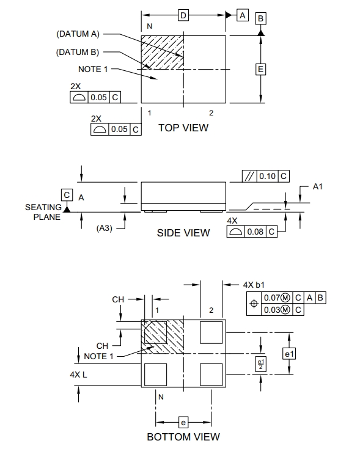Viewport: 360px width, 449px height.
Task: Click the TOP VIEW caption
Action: click(183, 128)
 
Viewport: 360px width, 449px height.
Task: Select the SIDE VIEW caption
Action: click(183, 233)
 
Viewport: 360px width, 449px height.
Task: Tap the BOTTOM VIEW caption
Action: click(183, 437)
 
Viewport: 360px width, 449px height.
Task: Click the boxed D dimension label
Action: click(183, 15)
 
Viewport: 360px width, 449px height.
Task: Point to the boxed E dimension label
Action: click(260, 69)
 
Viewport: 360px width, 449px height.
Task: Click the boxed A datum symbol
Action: click(243, 15)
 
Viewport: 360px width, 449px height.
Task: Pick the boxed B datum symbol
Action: click(260, 18)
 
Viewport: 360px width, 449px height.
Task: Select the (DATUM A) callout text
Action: click(78, 34)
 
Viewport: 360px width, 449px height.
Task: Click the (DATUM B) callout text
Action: click(78, 52)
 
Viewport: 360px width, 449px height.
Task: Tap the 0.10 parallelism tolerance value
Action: click(267, 176)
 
